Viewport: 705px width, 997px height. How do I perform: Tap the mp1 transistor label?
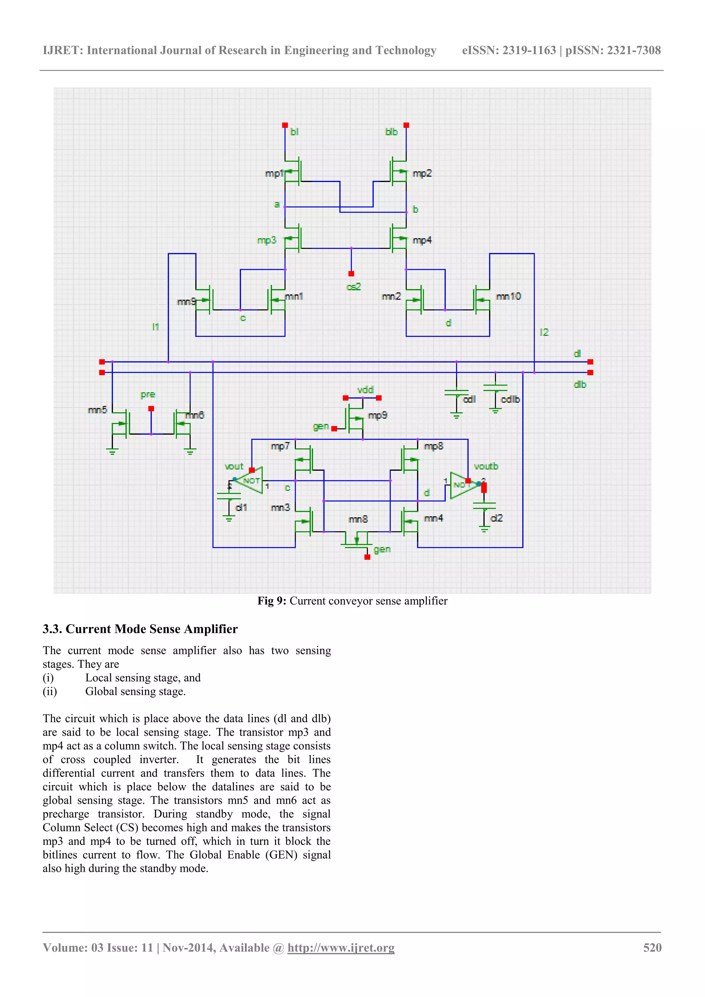click(274, 174)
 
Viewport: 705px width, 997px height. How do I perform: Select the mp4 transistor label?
click(422, 240)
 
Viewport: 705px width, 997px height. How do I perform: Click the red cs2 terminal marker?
click(351, 274)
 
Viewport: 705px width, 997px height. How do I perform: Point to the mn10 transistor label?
click(508, 296)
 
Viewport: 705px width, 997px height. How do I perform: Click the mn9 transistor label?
click(186, 301)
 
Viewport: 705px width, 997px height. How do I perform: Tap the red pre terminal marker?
click(151, 409)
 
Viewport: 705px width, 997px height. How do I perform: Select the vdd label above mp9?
click(365, 390)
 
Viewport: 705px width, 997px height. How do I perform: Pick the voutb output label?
click(486, 466)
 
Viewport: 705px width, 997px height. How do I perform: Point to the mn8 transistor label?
click(358, 519)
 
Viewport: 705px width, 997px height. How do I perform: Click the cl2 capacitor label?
click(496, 518)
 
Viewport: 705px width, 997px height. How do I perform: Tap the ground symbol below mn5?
click(113, 452)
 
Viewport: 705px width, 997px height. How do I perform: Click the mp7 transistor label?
click(280, 446)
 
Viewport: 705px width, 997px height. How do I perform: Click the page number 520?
click(652, 947)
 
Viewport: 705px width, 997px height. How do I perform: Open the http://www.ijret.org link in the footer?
click(341, 947)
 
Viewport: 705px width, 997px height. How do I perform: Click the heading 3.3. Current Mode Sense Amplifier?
click(140, 629)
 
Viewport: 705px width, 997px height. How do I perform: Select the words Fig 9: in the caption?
click(272, 601)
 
